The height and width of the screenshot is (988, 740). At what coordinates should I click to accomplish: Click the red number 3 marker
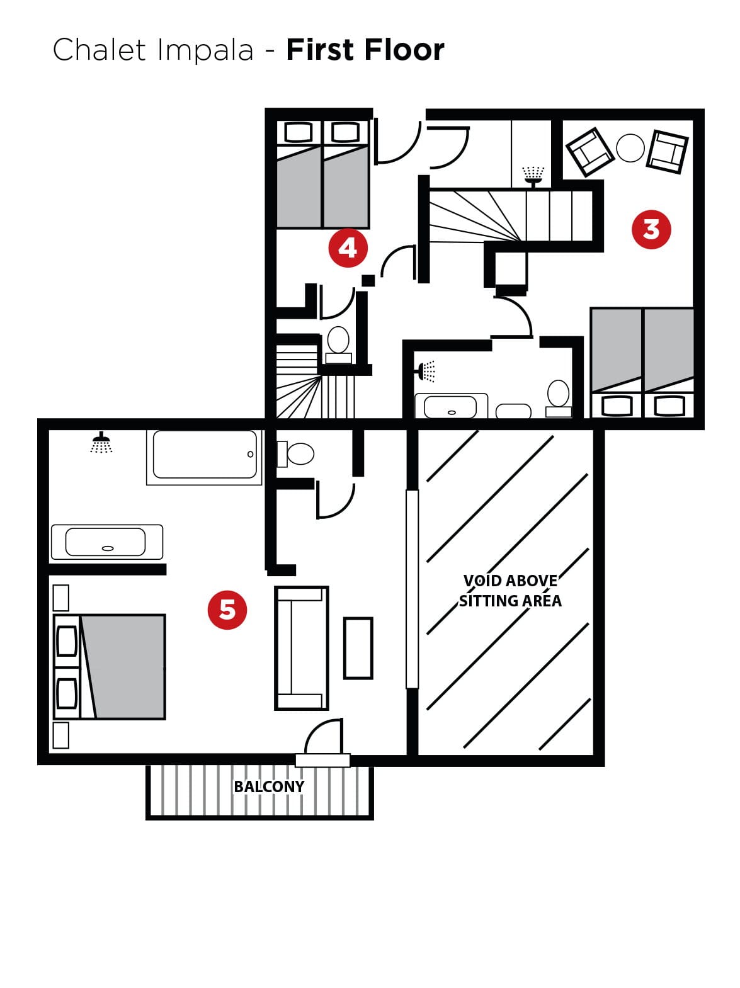click(651, 230)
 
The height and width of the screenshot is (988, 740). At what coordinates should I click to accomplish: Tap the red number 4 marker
click(348, 247)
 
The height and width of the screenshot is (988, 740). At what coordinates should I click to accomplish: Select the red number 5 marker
click(227, 610)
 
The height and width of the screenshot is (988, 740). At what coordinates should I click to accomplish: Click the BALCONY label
click(269, 786)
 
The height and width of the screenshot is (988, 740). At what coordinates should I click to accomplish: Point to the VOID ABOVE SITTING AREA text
click(510, 591)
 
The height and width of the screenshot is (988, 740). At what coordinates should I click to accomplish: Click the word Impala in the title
click(205, 50)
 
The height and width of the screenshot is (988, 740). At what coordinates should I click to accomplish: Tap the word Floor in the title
click(404, 50)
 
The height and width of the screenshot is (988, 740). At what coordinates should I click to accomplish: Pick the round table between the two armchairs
click(630, 147)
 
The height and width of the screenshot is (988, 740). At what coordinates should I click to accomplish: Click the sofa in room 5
click(301, 648)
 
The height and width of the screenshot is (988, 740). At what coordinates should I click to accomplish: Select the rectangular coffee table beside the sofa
click(358, 648)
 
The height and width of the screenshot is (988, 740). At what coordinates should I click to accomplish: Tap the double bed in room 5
click(110, 667)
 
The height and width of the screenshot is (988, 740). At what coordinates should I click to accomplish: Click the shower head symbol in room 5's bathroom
click(101, 443)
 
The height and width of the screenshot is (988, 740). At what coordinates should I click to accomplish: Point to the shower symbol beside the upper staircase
click(533, 176)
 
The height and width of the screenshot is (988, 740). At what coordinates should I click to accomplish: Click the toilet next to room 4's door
click(338, 345)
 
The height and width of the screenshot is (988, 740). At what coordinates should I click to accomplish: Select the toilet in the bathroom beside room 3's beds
click(558, 399)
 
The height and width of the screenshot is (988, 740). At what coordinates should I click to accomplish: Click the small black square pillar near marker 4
click(368, 280)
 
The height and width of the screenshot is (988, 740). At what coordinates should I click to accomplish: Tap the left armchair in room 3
click(589, 152)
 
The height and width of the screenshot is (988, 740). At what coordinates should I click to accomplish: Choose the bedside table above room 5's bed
click(60, 598)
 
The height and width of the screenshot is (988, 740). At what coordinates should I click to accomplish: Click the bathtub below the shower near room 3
click(450, 406)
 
